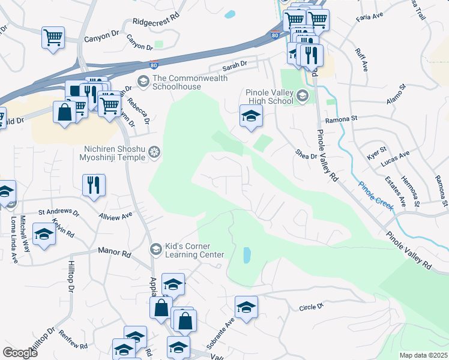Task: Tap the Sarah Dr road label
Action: click(x=235, y=64)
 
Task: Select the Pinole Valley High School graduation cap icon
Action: click(x=303, y=95)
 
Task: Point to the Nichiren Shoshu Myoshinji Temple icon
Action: click(x=155, y=152)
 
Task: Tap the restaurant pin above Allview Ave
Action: click(x=94, y=185)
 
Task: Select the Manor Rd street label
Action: click(x=114, y=255)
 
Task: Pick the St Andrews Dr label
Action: click(x=59, y=212)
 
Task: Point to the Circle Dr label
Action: click(x=311, y=307)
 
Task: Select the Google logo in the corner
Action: click(x=20, y=352)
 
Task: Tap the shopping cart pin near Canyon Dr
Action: click(x=53, y=38)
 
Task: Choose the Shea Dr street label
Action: click(x=306, y=155)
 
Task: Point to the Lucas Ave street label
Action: click(x=396, y=155)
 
